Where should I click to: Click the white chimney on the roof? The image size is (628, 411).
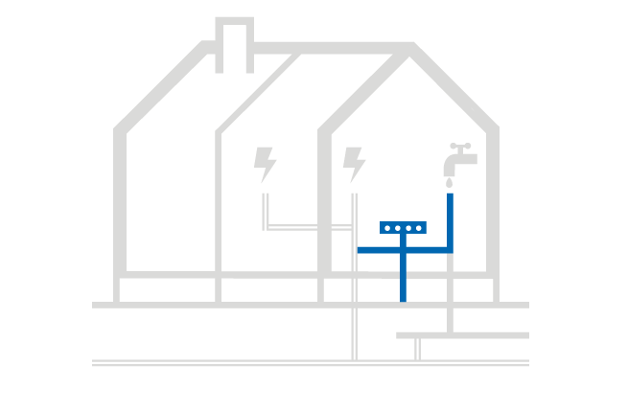(234, 45)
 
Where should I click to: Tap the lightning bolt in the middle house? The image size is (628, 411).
(265, 164)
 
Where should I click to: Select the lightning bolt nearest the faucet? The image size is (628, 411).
(354, 164)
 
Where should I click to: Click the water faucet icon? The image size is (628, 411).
(458, 161)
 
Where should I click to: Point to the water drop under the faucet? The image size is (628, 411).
(449, 182)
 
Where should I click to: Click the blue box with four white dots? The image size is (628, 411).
(403, 228)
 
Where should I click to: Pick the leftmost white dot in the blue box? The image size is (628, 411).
(387, 228)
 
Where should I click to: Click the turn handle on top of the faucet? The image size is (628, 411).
(460, 147)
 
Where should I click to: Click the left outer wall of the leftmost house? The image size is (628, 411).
(119, 201)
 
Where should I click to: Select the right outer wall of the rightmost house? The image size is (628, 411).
(493, 201)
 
